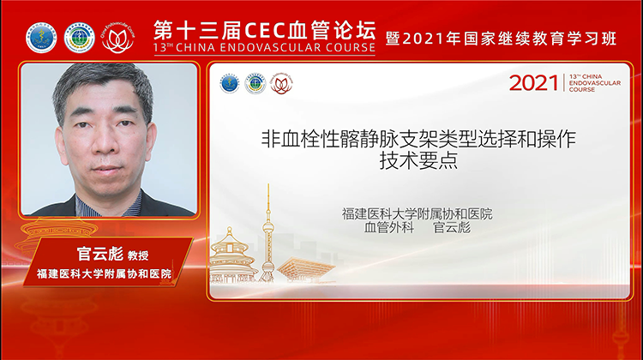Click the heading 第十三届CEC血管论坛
coord(264,27)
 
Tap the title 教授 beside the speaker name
coord(138,255)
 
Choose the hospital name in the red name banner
coord(104,274)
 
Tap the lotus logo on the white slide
coord(280,83)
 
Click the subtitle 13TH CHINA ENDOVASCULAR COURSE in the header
coord(264,48)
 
